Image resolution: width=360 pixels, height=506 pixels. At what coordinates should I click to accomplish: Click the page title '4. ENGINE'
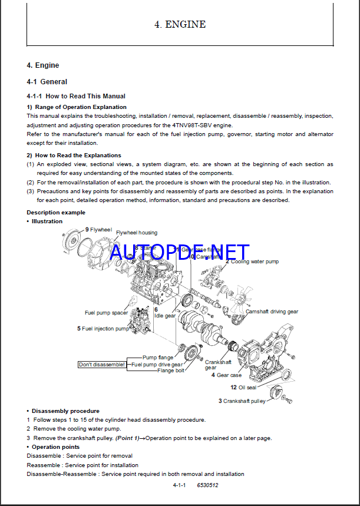(x=180, y=25)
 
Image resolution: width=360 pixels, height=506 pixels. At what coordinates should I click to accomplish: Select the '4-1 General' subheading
(x=47, y=82)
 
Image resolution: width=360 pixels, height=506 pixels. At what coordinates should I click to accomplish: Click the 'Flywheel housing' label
(x=136, y=233)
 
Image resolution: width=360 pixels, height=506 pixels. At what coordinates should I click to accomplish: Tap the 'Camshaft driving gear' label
(x=272, y=312)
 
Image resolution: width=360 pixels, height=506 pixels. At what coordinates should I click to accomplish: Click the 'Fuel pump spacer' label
(x=106, y=313)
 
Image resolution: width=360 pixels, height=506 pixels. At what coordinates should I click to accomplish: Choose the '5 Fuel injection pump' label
(x=103, y=329)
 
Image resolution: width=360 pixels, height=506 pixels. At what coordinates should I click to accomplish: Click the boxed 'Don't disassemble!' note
(x=102, y=365)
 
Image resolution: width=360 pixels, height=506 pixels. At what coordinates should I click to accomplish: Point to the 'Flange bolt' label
(x=170, y=371)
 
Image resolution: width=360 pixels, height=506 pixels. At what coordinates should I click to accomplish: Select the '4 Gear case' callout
(x=226, y=375)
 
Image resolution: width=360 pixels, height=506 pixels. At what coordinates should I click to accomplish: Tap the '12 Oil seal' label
(x=243, y=387)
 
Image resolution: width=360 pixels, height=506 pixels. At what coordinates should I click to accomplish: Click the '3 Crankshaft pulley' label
(x=242, y=401)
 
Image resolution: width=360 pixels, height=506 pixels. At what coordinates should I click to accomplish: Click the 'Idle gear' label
(x=165, y=316)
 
